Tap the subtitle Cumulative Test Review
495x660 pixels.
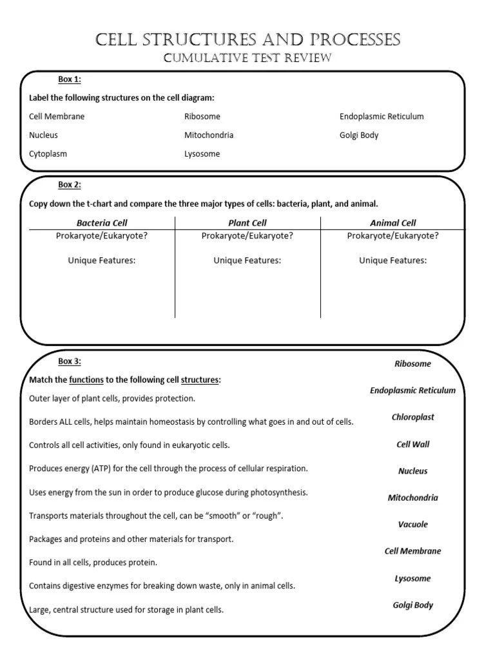point(247,59)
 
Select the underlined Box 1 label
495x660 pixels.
point(70,79)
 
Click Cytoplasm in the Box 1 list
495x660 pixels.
point(48,154)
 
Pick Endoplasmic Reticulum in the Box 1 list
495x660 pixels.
point(382,117)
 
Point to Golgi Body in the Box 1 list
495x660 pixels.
point(359,135)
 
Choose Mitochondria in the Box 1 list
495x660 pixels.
point(209,135)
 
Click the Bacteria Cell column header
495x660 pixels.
point(102,223)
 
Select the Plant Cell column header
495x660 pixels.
point(247,223)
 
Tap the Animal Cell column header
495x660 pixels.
point(393,223)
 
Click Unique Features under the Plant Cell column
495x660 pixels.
point(247,260)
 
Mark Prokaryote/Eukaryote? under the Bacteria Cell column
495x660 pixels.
point(102,236)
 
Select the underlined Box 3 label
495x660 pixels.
point(70,362)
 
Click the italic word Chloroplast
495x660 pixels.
point(412,417)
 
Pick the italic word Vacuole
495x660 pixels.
point(412,525)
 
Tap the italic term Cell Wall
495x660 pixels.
point(412,444)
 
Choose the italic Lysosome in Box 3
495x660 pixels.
point(412,579)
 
